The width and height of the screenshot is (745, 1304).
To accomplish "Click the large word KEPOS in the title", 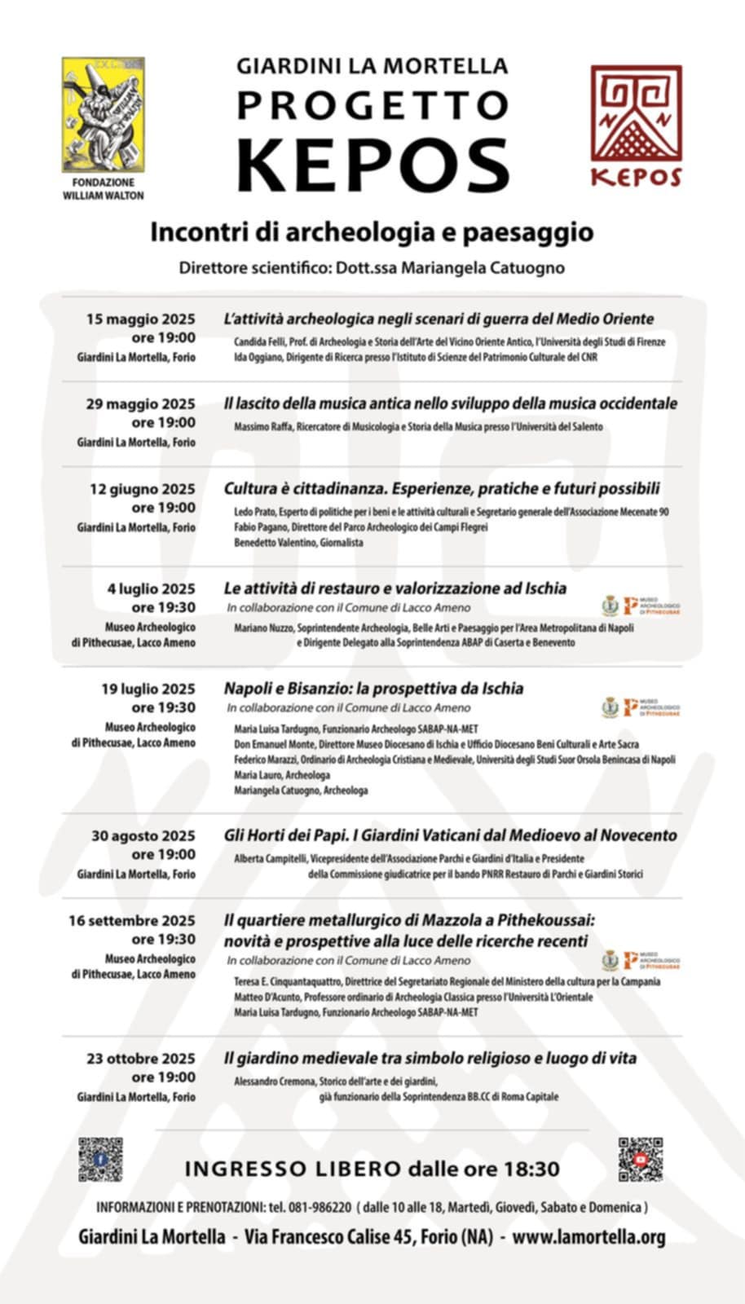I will coord(372,165).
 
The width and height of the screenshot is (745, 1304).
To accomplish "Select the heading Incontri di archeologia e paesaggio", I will coord(372,232).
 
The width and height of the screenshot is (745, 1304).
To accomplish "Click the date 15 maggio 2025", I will coord(141,319).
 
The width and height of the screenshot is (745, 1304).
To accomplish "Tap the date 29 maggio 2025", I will coord(141,403).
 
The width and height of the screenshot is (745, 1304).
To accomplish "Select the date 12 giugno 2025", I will coord(143,489).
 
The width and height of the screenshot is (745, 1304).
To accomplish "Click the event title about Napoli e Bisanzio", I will coord(373,688).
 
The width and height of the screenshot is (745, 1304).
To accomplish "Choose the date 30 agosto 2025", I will coord(143,835).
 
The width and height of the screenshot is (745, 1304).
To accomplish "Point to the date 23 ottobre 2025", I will coord(141,1059).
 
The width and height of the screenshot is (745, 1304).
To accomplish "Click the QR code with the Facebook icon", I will coord(100,1159).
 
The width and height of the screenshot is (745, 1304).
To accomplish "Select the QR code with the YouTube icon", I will coord(640,1159).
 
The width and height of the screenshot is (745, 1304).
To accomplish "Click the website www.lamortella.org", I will coord(589,1237).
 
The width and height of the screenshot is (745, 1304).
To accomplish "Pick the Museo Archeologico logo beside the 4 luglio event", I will coord(650,606).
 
